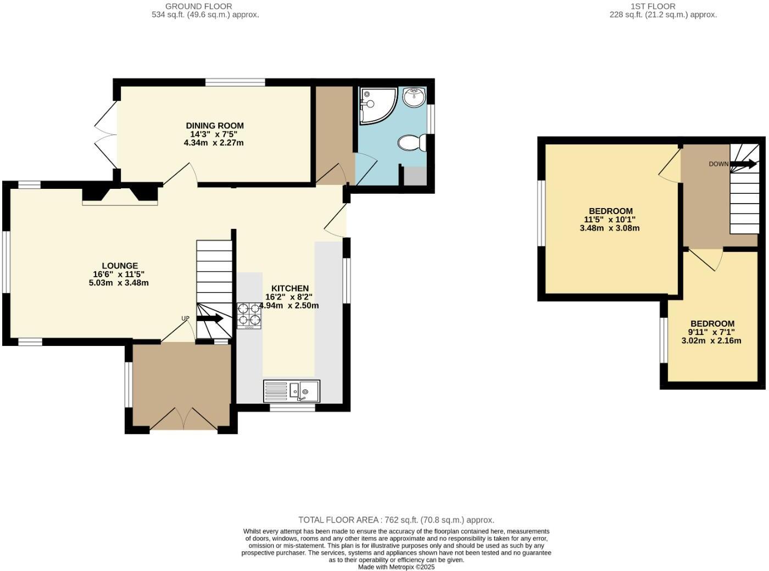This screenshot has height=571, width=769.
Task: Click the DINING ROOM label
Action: pos(214,126)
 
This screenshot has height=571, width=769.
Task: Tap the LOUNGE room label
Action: pos(119,266)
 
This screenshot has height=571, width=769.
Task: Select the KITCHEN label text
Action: pos(289,288)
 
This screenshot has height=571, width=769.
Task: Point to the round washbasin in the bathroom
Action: pos(414,98)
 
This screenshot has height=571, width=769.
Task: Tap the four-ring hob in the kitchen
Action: pos(249,316)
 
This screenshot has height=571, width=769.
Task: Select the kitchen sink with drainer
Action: pos(291,390)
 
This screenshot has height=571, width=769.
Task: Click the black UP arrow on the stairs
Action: pos(210,318)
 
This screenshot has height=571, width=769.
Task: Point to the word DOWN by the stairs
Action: pos(718,164)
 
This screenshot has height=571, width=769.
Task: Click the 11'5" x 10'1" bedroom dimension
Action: pos(610,220)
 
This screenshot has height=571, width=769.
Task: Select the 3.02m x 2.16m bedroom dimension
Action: pos(711,340)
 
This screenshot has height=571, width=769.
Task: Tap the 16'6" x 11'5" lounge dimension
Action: pos(119,275)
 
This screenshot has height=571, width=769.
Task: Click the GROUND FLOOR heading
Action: pos(198,6)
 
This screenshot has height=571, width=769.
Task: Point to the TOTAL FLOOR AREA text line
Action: pos(396,519)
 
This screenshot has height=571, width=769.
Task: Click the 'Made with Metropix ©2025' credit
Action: pos(396,567)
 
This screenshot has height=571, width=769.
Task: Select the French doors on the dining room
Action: pos(105,135)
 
